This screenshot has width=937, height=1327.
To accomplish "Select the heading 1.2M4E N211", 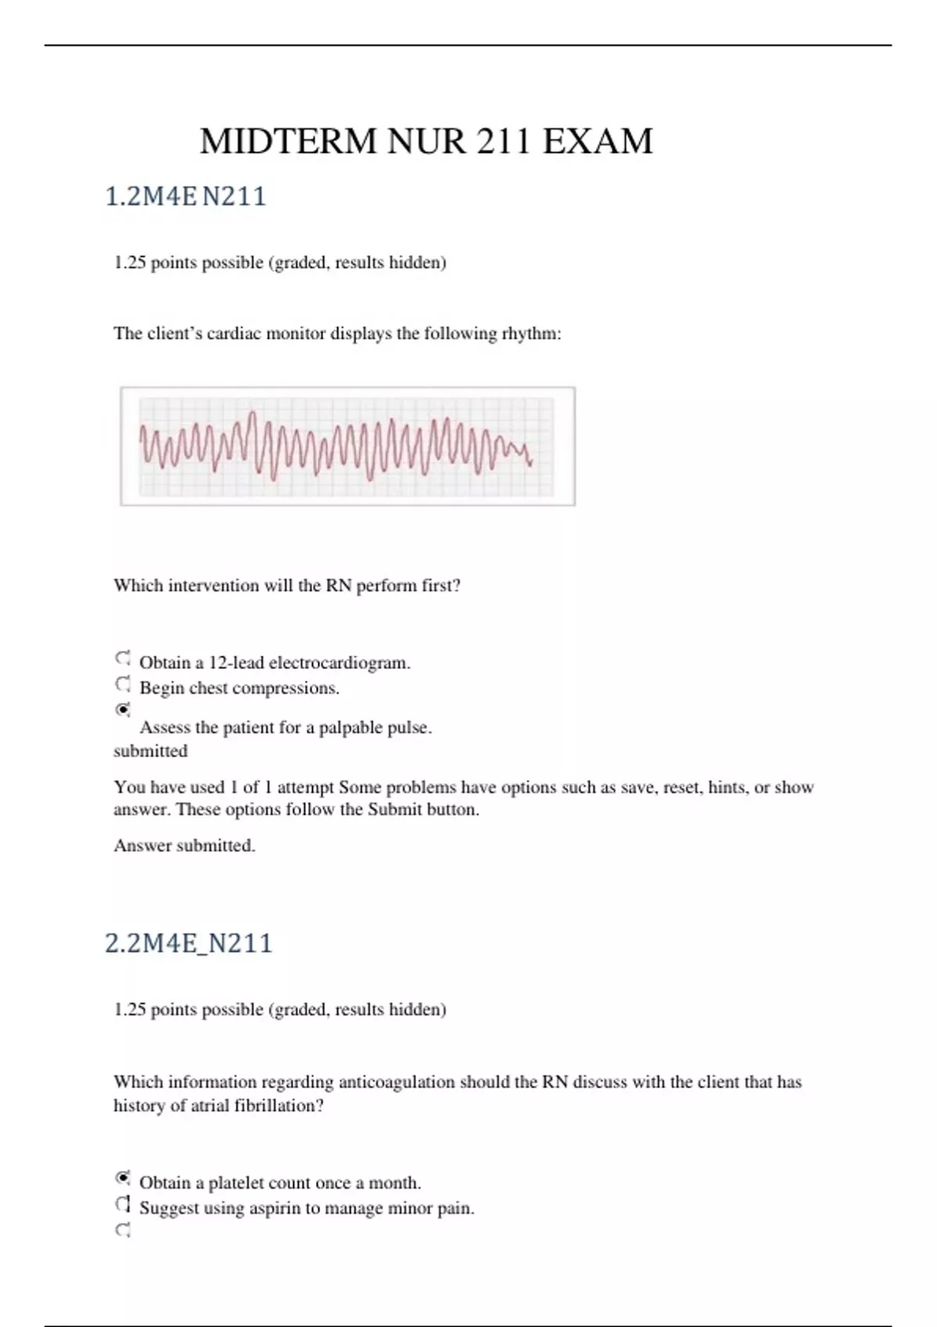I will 186,196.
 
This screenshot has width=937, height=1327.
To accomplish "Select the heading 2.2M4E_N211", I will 189,943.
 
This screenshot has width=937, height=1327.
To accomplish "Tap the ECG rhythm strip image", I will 347,446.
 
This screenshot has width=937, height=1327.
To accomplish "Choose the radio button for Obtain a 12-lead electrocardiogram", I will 123,659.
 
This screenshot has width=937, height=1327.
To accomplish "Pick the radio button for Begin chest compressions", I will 123,685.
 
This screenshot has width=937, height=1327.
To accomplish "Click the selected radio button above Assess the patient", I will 123,710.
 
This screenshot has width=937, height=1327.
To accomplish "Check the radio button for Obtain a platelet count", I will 123,1178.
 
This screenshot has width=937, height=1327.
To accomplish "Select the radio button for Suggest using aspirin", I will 123,1204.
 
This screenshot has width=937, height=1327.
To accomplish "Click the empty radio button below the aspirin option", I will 123,1230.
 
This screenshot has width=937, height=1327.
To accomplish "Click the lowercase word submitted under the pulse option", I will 151,751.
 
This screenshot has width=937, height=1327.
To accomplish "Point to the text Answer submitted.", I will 184,845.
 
